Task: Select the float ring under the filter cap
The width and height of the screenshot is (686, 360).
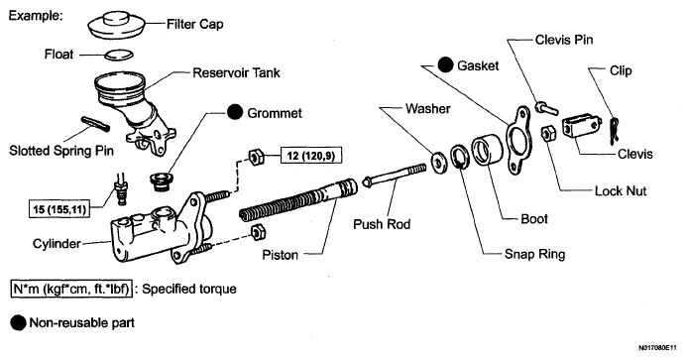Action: (119, 55)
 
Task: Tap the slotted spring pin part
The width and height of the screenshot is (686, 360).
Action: (96, 123)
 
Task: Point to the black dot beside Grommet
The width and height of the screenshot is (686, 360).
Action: (235, 112)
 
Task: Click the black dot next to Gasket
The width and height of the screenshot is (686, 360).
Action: (445, 65)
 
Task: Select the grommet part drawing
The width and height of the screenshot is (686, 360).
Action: (162, 181)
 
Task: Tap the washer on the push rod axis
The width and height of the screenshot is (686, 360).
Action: (438, 161)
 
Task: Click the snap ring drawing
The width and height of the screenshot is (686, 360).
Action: (459, 158)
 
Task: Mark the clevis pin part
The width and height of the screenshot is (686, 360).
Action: (547, 108)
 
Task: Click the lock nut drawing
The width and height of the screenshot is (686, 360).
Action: (548, 134)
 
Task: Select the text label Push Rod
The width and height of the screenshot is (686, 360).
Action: (382, 224)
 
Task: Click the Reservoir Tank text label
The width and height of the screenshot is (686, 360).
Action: (236, 72)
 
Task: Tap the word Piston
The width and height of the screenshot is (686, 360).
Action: (280, 254)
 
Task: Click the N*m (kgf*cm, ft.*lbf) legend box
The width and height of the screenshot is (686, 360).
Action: (70, 289)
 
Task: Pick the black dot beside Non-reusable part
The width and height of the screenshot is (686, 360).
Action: (19, 323)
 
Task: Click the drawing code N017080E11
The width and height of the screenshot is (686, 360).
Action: (660, 348)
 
